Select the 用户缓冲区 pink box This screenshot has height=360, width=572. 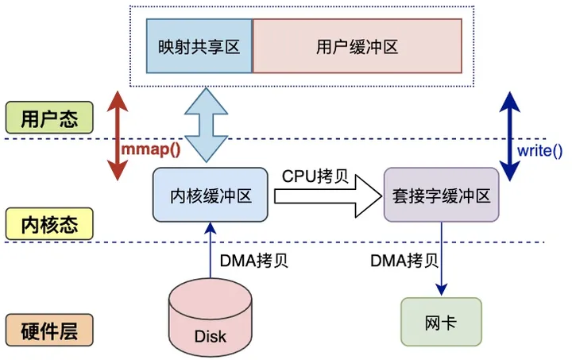(x=357, y=47)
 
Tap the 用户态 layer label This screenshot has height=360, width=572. (x=49, y=117)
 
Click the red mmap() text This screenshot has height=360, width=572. (x=151, y=149)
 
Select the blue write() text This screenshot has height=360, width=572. (x=539, y=149)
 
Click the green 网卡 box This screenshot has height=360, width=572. (x=441, y=321)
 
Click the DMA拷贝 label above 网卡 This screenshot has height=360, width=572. (x=403, y=259)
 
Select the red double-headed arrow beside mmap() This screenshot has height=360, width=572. (x=117, y=135)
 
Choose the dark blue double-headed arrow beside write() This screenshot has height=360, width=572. (x=508, y=135)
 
